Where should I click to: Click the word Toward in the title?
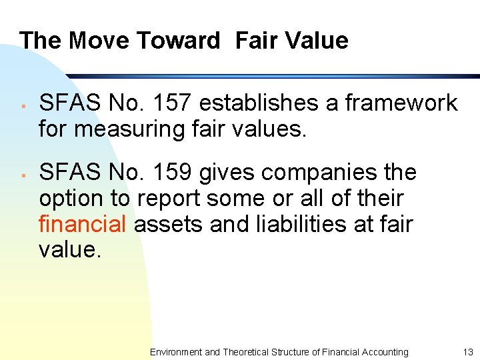[x=177, y=41]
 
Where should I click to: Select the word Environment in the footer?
[x=175, y=351]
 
